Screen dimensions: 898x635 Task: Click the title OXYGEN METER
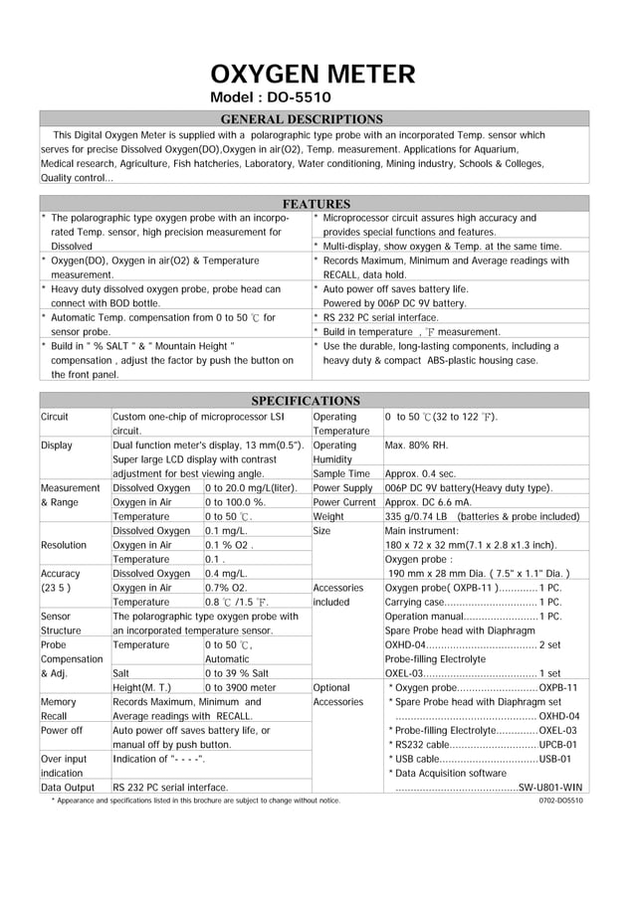313,75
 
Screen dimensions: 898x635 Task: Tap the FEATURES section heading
317,204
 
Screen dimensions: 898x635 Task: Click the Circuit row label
55,417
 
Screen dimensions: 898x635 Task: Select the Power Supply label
342,488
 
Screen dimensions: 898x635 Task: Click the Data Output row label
69,788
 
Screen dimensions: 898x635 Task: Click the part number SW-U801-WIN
550,788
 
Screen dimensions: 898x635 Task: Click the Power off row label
61,731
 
